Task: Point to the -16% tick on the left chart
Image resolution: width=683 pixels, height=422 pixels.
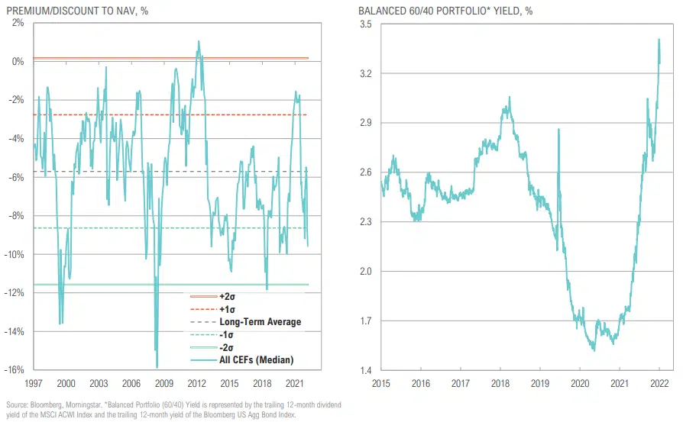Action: pyautogui.click(x=15, y=370)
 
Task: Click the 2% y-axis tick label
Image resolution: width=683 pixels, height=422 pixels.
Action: pyautogui.click(x=18, y=23)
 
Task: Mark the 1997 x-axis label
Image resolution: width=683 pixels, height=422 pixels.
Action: pyautogui.click(x=34, y=382)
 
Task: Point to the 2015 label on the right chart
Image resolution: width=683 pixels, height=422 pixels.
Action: pyautogui.click(x=382, y=382)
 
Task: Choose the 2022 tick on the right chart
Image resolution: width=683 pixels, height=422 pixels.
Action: pyautogui.click(x=659, y=382)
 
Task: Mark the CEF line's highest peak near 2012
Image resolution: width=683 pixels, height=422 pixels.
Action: pyautogui.click(x=199, y=41)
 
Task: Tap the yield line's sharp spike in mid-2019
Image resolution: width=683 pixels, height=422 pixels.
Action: pyautogui.click(x=558, y=130)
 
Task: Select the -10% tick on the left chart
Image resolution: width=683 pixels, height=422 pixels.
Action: pyautogui.click(x=15, y=254)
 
